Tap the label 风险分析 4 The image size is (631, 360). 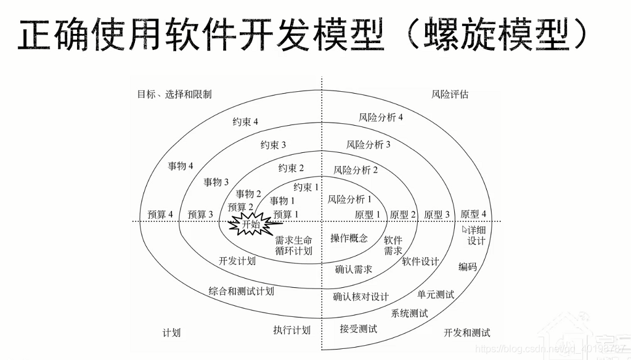(381, 117)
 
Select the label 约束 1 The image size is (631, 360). (306, 187)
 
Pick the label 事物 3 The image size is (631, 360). (216, 182)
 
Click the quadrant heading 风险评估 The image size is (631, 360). (450, 94)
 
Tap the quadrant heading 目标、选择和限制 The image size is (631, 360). (174, 94)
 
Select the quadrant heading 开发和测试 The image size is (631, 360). (467, 333)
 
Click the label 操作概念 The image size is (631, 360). (349, 239)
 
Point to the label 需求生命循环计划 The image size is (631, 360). (293, 245)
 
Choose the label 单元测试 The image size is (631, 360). (436, 295)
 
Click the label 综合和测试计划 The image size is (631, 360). (241, 291)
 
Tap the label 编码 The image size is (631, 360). (467, 267)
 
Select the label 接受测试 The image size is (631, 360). (358, 329)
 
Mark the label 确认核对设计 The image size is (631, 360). (360, 297)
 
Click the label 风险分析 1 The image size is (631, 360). (349, 199)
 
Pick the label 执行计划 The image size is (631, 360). (291, 330)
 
